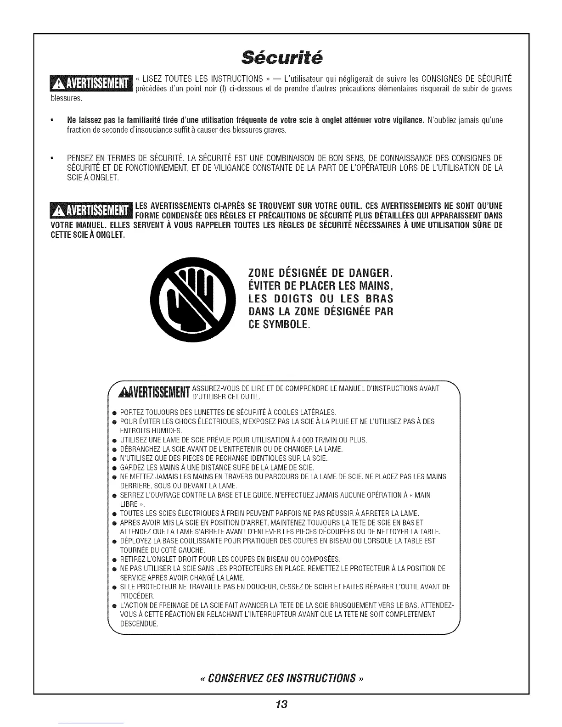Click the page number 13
pos(281,704)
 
